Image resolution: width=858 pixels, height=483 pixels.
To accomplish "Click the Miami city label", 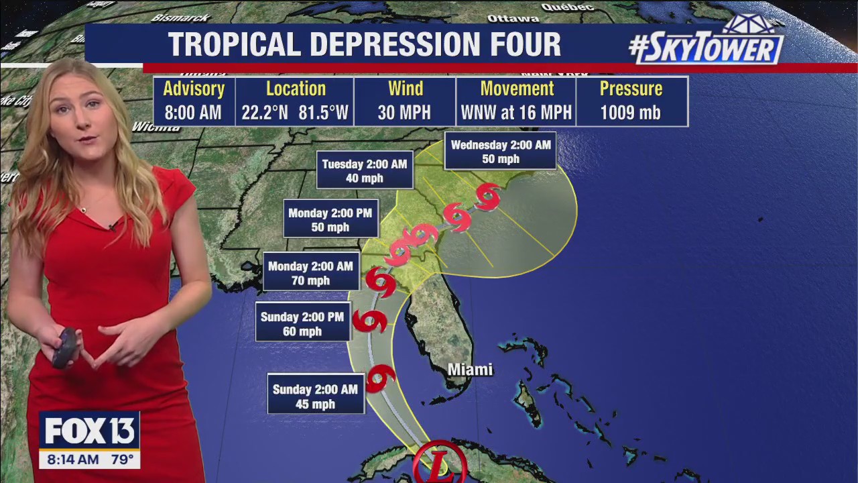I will click(x=470, y=370).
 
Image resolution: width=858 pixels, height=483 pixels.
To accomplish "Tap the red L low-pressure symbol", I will click(x=440, y=464).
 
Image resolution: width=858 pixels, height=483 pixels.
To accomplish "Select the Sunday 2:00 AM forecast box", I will click(x=316, y=396).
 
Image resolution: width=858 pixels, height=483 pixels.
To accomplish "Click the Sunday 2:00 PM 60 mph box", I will click(x=302, y=323).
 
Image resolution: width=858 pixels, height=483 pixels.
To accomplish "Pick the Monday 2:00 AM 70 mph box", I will click(x=310, y=273).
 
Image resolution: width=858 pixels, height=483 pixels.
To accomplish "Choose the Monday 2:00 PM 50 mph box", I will click(x=330, y=219).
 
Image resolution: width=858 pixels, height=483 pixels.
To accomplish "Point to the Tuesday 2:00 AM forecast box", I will click(x=365, y=171).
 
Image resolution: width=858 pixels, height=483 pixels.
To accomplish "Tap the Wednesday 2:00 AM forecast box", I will click(x=501, y=152).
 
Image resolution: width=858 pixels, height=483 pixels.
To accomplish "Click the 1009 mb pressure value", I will click(x=631, y=113).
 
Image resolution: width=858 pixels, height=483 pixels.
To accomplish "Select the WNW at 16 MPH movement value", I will click(x=516, y=113).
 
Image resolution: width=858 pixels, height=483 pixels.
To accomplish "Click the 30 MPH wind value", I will click(x=405, y=113).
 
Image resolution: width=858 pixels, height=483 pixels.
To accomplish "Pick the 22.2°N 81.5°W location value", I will click(x=295, y=113).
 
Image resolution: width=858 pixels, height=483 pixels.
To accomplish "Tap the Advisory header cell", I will click(x=194, y=89).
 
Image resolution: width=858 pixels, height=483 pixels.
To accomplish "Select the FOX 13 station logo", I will click(x=89, y=431).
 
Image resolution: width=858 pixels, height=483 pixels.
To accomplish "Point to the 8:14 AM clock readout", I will click(x=69, y=460).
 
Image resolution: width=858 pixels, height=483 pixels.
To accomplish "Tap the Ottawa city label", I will click(x=513, y=18).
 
